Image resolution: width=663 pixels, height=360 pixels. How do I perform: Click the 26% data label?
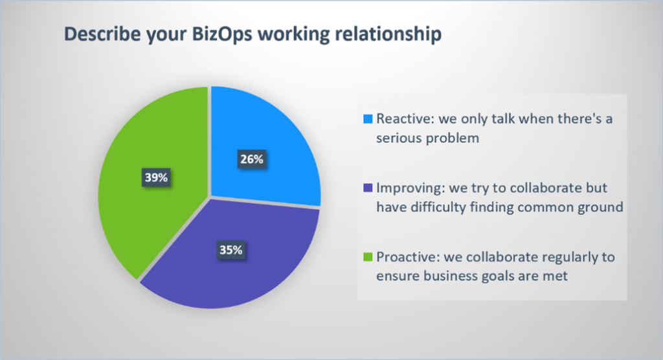tap(250, 159)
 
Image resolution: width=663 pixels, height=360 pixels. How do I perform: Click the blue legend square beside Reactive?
tap(370, 120)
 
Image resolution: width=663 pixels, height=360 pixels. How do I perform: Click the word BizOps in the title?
tap(212, 36)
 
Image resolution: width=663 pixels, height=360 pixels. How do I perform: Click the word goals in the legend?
tap(498, 276)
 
